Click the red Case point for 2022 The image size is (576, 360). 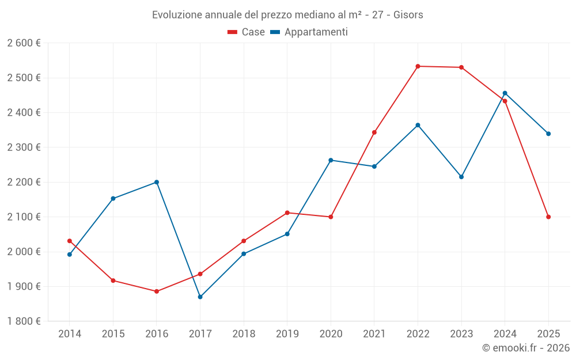click(418, 66)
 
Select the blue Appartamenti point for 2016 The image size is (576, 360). click(157, 182)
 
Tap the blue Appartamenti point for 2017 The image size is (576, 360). click(200, 297)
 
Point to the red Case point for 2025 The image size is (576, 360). click(548, 217)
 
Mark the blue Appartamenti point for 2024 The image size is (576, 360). click(505, 93)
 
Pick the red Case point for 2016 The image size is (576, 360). click(157, 291)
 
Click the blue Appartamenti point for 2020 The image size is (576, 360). click(331, 160)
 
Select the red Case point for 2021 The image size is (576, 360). click(374, 132)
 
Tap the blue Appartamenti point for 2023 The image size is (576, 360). click(461, 177)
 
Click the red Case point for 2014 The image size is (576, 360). click(70, 241)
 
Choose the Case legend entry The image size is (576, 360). click(247, 32)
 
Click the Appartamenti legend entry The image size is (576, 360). click(309, 32)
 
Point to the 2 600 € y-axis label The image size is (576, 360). click(24, 43)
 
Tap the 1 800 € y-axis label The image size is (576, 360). click(24, 321)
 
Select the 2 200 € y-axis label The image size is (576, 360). click(24, 182)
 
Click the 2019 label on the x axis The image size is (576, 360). click(287, 334)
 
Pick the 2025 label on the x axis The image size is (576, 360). click(548, 334)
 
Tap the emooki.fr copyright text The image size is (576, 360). click(526, 348)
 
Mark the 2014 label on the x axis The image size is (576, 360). click(70, 334)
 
